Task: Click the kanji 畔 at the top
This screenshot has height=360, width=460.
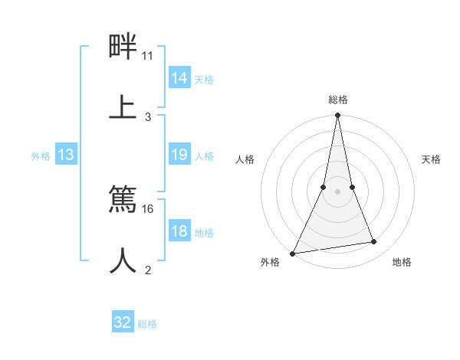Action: click(123, 47)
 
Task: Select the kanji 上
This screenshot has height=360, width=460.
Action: click(123, 106)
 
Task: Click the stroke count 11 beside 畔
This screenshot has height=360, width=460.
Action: click(148, 56)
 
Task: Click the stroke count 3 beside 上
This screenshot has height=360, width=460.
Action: click(148, 116)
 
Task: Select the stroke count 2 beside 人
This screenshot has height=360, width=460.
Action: click(148, 270)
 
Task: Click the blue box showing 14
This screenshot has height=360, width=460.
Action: click(179, 78)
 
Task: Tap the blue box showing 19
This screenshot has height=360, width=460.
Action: click(179, 155)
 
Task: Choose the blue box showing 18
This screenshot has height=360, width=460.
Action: click(179, 231)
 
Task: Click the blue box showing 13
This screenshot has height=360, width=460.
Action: click(66, 155)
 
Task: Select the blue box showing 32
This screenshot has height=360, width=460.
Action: click(123, 322)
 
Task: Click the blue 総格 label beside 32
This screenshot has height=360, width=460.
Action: click(147, 324)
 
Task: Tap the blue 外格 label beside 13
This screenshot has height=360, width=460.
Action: click(41, 156)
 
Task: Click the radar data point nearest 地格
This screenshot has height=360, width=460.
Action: click(374, 242)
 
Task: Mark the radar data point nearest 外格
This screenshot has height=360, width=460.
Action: click(292, 254)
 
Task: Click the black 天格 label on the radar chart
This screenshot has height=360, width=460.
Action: click(432, 159)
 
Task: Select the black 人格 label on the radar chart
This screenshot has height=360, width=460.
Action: click(245, 159)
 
